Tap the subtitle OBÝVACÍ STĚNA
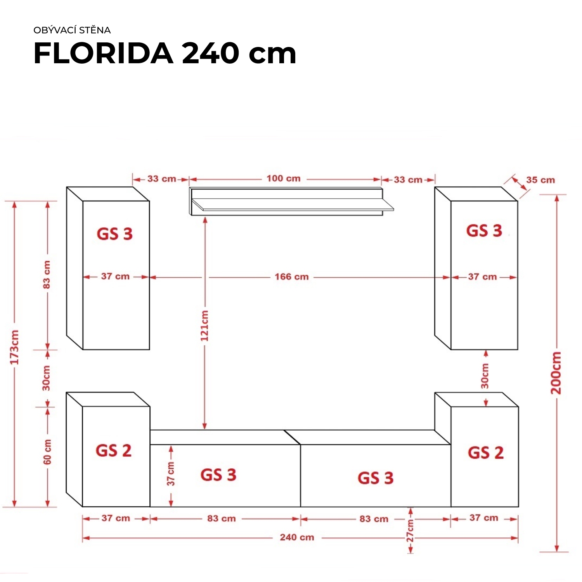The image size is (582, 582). point(72,30)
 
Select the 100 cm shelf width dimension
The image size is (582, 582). point(284,178)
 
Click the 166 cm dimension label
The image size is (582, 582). point(292,277)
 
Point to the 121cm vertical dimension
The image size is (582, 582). point(204,326)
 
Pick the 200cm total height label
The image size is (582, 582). point(556,372)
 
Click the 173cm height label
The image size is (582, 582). point(14,347)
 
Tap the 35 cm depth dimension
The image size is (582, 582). point(540,180)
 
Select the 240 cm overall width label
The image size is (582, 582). point(297,537)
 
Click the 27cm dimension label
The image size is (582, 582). point(410,530)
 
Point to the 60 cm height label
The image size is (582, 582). point(47,452)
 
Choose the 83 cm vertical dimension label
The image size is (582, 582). point(47,275)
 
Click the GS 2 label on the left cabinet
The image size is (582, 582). point(114,450)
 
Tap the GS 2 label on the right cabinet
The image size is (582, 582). point(486,453)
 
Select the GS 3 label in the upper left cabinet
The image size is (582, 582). point(114,234)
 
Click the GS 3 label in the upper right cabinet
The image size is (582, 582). point(484,230)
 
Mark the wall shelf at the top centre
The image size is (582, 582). point(292,201)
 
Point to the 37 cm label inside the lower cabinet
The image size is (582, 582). point(171,474)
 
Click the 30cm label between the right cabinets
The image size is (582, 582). point(485,376)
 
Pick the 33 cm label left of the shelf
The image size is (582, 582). point(162,179)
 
